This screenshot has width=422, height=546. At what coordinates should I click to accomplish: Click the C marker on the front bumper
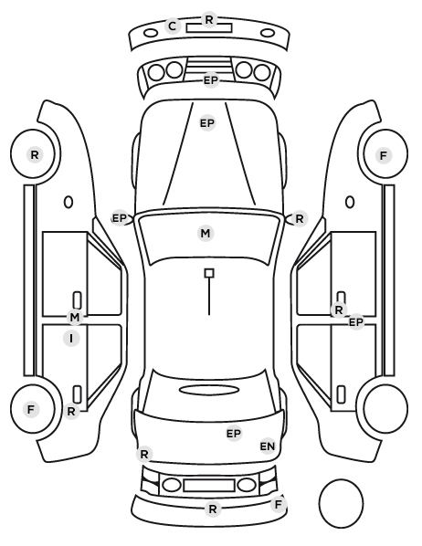click(172, 26)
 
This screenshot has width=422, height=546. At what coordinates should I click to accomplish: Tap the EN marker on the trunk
click(268, 446)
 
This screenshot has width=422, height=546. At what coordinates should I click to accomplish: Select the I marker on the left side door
click(71, 339)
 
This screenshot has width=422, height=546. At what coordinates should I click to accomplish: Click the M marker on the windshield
click(206, 234)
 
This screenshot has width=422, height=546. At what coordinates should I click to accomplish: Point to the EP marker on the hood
click(207, 123)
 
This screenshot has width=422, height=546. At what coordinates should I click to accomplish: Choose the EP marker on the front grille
click(211, 80)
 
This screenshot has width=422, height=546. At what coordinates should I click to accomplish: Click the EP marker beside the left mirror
click(120, 218)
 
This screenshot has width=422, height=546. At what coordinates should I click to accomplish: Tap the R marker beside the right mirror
click(300, 219)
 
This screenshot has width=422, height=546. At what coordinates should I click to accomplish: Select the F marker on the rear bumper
click(278, 504)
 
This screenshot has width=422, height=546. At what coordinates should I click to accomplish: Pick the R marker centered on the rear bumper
click(213, 509)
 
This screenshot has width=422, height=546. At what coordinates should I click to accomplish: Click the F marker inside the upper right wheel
click(384, 155)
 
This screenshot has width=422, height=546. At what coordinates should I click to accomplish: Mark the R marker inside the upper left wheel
click(35, 155)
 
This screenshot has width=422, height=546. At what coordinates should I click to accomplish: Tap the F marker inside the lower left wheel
click(31, 409)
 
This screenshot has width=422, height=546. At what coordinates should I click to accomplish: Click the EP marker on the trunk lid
click(234, 434)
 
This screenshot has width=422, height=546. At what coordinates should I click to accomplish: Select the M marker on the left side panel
click(75, 317)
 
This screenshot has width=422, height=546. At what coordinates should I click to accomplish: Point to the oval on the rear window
click(209, 385)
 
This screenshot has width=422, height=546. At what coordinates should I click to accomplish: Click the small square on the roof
click(209, 273)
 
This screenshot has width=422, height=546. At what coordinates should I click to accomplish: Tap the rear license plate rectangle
click(209, 486)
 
